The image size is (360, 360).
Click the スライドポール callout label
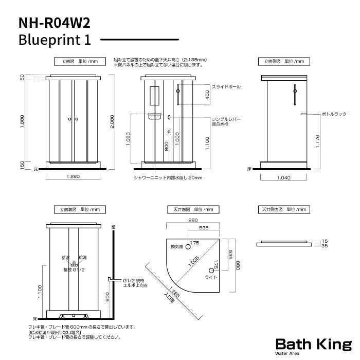click(x=227, y=87)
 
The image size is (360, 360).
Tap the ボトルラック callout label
click(x=334, y=113)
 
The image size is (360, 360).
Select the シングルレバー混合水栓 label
click(x=226, y=121)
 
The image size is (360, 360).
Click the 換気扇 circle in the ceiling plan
click(x=188, y=242)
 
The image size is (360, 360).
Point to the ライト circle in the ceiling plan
click(x=211, y=270)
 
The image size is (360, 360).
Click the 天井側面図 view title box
click(x=283, y=209)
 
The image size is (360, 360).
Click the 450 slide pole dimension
click(x=207, y=95)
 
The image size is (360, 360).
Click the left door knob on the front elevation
click(x=69, y=119)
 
